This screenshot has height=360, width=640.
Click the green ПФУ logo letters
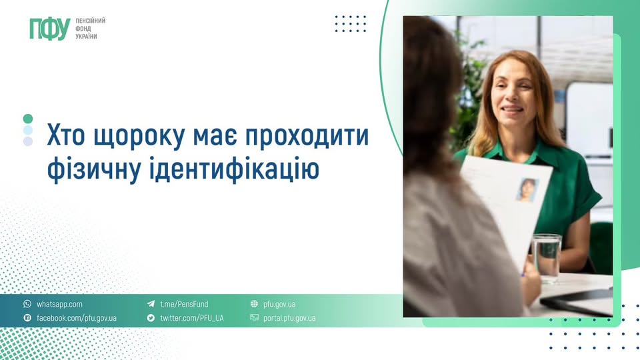49,28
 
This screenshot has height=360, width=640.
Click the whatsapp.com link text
59,304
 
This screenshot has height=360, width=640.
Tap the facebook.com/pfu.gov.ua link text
76,318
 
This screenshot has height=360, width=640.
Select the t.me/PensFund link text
184,304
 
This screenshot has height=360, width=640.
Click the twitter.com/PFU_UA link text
191,318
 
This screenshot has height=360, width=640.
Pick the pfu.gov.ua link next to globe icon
279,304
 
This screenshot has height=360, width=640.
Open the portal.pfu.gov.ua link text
289,318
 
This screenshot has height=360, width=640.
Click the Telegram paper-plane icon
151,304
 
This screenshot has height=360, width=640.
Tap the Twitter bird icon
151,318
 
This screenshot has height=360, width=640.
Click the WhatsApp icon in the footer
27,304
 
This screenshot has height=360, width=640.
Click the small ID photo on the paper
527,190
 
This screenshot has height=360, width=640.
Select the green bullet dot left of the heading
28,119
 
